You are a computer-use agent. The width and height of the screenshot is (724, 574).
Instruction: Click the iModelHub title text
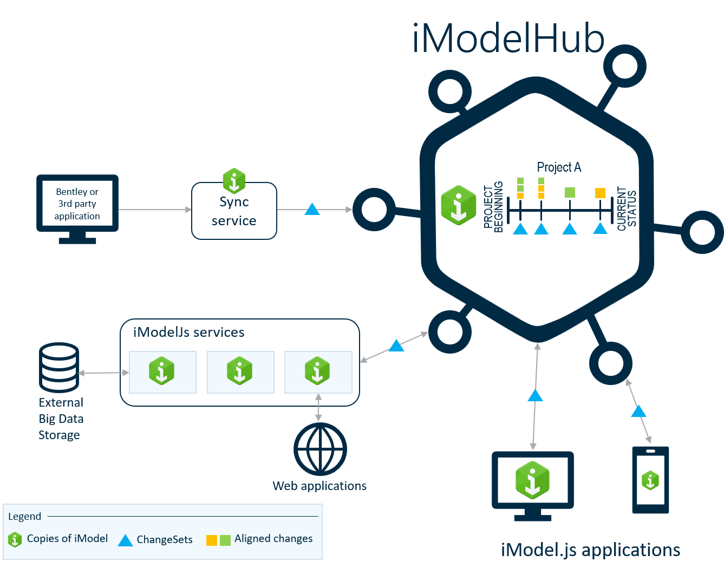pyautogui.click(x=508, y=39)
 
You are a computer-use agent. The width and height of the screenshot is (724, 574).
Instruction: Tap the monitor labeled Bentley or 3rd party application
pyautogui.click(x=77, y=204)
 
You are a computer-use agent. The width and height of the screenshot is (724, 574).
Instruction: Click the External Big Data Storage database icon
pyautogui.click(x=60, y=367)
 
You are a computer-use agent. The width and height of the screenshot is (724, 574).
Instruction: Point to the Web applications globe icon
pyautogui.click(x=320, y=449)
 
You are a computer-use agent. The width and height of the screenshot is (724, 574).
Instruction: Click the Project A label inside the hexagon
pyautogui.click(x=559, y=167)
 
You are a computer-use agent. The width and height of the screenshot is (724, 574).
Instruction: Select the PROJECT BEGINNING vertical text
pyautogui.click(x=493, y=207)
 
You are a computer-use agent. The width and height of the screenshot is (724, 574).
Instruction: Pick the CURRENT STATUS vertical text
pyautogui.click(x=627, y=209)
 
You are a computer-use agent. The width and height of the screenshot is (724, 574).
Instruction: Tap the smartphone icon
pyautogui.click(x=650, y=480)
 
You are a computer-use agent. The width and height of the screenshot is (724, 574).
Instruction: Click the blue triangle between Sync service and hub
pyautogui.click(x=312, y=209)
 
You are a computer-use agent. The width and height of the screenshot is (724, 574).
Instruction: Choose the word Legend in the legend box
pyautogui.click(x=24, y=516)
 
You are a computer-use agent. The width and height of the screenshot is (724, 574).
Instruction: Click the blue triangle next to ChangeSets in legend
pyautogui.click(x=125, y=540)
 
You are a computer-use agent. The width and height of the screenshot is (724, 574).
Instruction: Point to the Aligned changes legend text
pyautogui.click(x=273, y=539)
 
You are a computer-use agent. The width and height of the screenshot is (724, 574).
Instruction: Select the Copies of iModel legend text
pyautogui.click(x=67, y=539)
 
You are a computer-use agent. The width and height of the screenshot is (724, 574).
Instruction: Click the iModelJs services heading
pyautogui.click(x=188, y=332)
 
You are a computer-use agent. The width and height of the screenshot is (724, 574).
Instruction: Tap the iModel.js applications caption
pyautogui.click(x=590, y=550)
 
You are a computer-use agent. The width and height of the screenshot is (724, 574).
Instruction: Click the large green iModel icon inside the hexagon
pyautogui.click(x=459, y=205)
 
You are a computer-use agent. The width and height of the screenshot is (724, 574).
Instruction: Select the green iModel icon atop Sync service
pyautogui.click(x=234, y=180)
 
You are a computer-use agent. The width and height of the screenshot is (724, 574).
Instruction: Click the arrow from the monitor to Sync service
pyautogui.click(x=154, y=209)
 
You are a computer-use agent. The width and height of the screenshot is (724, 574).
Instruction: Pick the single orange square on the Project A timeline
pyautogui.click(x=600, y=193)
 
